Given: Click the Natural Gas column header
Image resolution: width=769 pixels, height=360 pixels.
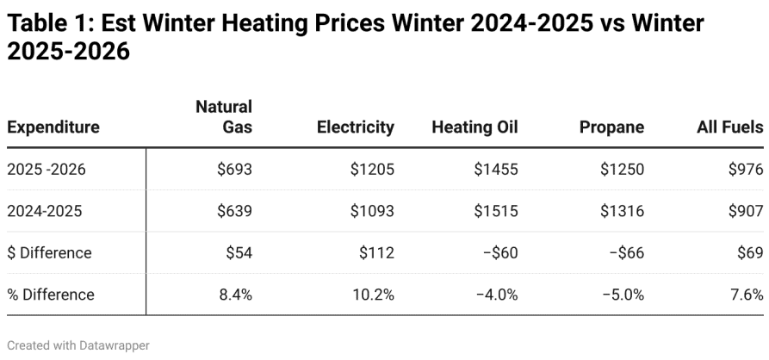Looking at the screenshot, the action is pyautogui.click(x=224, y=117).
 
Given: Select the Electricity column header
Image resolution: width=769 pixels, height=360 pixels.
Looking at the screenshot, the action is pyautogui.click(x=356, y=127).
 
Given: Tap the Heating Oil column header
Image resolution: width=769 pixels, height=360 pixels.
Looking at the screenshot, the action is pyautogui.click(x=474, y=127).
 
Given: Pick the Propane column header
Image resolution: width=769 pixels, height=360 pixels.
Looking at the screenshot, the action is pyautogui.click(x=611, y=127).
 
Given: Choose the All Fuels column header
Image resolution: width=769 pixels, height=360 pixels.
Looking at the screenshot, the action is pyautogui.click(x=730, y=127).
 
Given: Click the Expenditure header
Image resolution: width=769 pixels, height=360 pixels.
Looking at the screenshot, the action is pyautogui.click(x=53, y=127).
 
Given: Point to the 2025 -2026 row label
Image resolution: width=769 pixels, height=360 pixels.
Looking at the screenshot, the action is pyautogui.click(x=47, y=169).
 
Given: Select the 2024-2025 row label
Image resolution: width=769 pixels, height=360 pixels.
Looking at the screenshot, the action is pyautogui.click(x=45, y=211).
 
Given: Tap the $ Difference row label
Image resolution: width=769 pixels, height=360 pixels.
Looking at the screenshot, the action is pyautogui.click(x=49, y=252).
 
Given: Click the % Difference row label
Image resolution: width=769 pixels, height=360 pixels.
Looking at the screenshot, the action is pyautogui.click(x=51, y=295).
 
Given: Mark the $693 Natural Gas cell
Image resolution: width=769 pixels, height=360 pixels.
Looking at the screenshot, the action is pyautogui.click(x=235, y=169).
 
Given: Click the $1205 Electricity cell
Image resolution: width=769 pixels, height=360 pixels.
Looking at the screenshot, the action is pyautogui.click(x=372, y=169).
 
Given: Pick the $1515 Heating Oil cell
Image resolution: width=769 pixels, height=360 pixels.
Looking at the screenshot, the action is pyautogui.click(x=496, y=211).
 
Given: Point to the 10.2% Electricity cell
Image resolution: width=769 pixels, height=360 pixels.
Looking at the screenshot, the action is pyautogui.click(x=373, y=295).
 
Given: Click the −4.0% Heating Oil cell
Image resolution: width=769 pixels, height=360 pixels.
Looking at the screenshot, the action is pyautogui.click(x=497, y=295).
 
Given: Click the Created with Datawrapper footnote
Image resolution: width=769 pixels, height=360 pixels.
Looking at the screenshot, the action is pyautogui.click(x=78, y=345).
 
